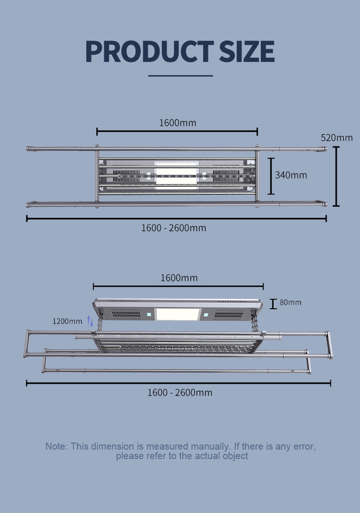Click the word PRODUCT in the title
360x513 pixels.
point(149,52)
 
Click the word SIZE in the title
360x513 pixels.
point(247,52)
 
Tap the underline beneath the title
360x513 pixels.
point(180,76)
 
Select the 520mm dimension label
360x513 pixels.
point(336,138)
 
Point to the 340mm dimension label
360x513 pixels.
point(291,176)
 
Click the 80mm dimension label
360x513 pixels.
point(290,302)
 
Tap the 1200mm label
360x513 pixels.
point(67,321)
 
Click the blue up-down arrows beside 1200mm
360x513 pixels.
point(90,321)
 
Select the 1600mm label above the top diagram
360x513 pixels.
point(178,123)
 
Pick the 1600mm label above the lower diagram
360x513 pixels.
point(179,278)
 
